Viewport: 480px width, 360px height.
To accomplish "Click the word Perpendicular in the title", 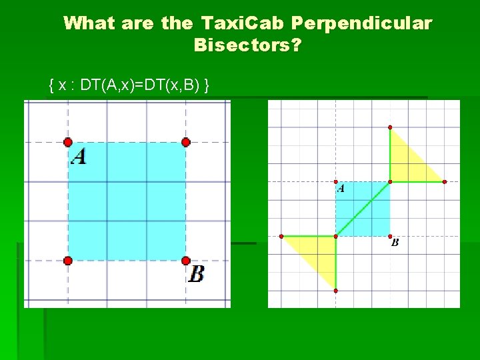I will click(x=361, y=24).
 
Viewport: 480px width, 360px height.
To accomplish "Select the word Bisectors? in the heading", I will click(x=247, y=46).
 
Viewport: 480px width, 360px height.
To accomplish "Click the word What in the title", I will click(x=88, y=24).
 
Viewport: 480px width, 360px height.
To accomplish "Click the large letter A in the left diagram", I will click(x=79, y=157).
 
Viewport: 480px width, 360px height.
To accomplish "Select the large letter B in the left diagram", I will click(x=196, y=273).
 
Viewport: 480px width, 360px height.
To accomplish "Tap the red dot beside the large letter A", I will click(x=67, y=142).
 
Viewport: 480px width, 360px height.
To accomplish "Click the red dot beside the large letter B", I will click(x=186, y=261).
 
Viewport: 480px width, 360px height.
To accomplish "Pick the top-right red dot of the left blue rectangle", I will click(x=186, y=142).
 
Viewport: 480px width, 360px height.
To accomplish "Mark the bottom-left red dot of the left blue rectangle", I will click(x=67, y=261).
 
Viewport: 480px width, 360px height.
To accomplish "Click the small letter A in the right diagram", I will click(x=341, y=189).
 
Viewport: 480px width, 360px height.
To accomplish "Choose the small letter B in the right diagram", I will click(x=395, y=243).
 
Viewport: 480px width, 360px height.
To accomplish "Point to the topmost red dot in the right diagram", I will click(x=390, y=127).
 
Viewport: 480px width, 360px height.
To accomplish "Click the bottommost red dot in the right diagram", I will click(x=335, y=291).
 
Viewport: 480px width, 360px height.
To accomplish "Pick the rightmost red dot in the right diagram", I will click(x=445, y=181).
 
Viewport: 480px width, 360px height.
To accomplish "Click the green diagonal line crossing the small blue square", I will click(x=363, y=209).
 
